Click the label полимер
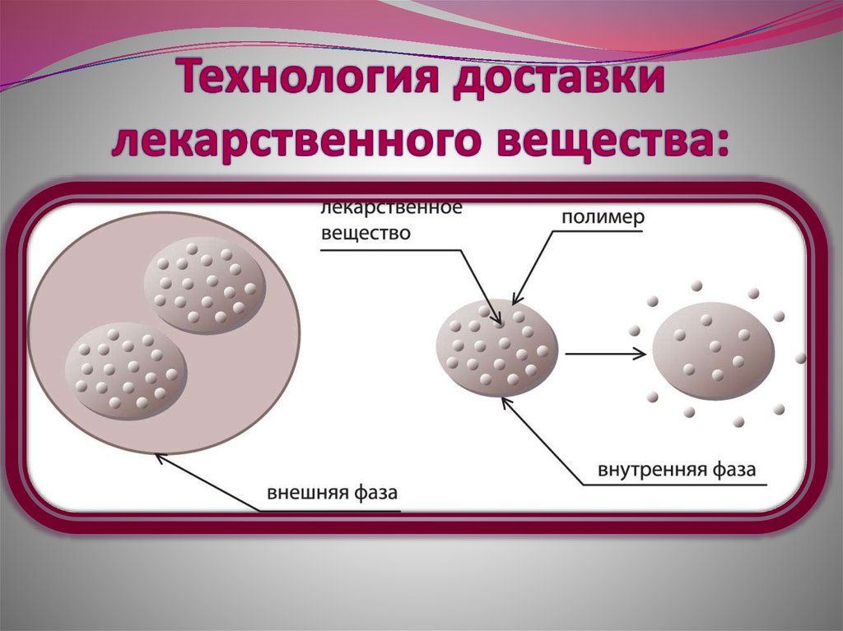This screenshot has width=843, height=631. pyautogui.click(x=603, y=219)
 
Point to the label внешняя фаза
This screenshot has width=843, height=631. pyautogui.click(x=332, y=494)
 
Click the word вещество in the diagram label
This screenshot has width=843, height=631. pyautogui.click(x=366, y=233)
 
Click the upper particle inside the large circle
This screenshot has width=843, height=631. pyautogui.click(x=205, y=285)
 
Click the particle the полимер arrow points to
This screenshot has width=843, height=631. pyautogui.click(x=497, y=348)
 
